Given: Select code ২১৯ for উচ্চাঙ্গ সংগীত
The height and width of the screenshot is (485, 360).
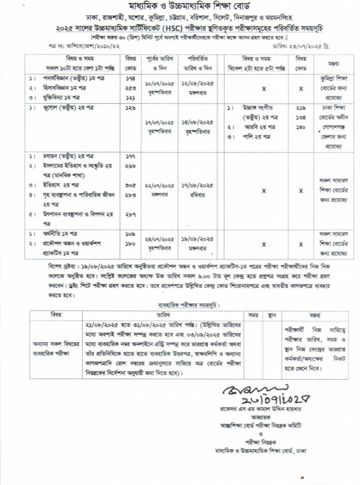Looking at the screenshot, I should [x=301, y=108].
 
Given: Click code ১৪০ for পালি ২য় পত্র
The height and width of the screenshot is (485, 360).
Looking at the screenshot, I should [x=301, y=126].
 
